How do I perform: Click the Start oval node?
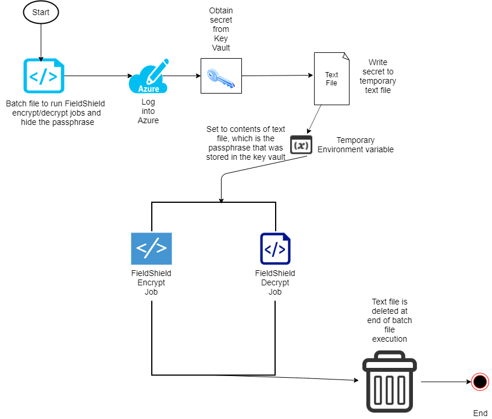click(41, 12)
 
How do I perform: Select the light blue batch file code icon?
click(44, 76)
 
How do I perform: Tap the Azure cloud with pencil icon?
click(148, 76)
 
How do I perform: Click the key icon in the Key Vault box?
click(221, 78)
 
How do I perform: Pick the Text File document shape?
click(331, 78)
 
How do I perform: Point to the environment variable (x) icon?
click(301, 145)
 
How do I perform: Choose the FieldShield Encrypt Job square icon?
click(152, 248)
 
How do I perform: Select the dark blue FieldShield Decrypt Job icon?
click(275, 249)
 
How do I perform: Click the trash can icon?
click(390, 381)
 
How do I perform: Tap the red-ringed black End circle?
click(480, 382)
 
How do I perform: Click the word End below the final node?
click(480, 413)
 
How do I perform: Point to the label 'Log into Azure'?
click(148, 111)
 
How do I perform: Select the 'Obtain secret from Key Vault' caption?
click(221, 29)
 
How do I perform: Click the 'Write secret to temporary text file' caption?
click(378, 76)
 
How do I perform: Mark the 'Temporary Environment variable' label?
click(355, 145)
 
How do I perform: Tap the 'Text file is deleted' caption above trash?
click(390, 320)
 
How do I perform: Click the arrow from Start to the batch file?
click(41, 42)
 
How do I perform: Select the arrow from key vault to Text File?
click(277, 76)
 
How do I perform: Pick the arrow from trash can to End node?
click(446, 382)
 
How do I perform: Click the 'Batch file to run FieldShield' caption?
click(55, 113)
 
